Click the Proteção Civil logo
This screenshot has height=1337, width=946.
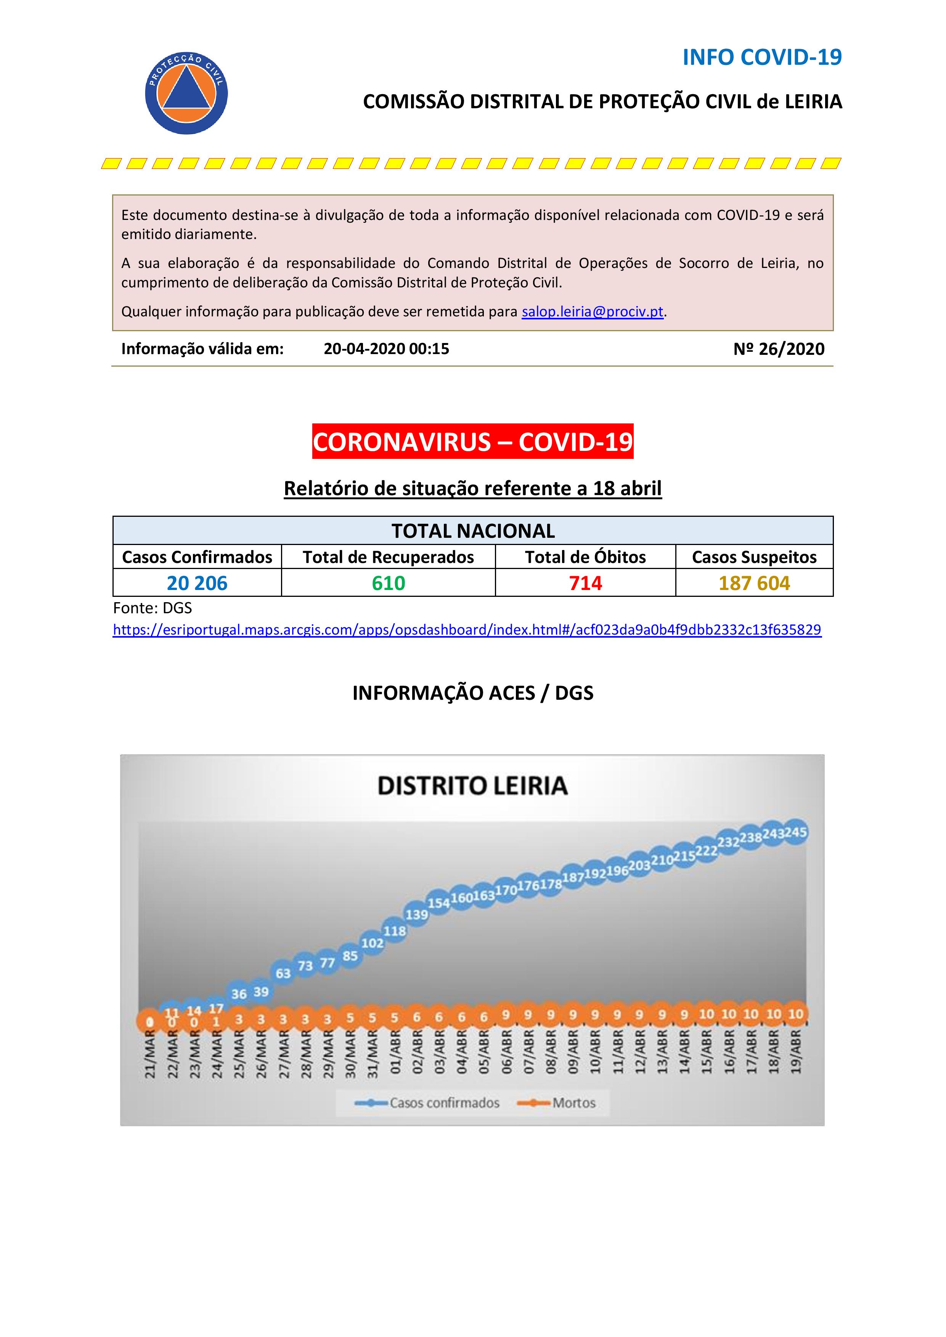[186, 93]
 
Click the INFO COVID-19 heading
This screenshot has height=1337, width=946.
[762, 57]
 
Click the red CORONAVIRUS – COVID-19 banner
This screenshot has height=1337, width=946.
[472, 441]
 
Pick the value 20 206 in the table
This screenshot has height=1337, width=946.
[197, 583]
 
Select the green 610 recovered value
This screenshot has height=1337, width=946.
[388, 583]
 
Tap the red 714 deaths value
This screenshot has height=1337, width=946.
[585, 583]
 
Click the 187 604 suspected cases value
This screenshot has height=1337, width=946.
[754, 583]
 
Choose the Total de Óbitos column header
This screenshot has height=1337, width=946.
[585, 557]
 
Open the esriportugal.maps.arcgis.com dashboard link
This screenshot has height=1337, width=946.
[467, 630]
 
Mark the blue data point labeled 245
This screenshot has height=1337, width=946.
[795, 833]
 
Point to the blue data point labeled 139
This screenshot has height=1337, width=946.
[416, 915]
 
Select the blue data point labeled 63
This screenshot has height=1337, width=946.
[283, 973]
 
